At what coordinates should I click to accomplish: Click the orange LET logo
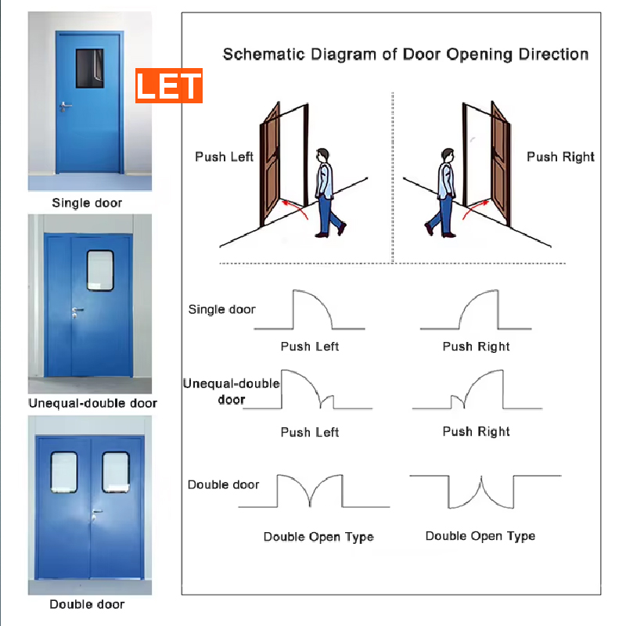click(x=169, y=85)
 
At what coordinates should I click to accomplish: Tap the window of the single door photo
click(x=90, y=68)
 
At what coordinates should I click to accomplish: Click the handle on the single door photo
click(x=65, y=106)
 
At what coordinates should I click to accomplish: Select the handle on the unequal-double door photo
click(x=77, y=312)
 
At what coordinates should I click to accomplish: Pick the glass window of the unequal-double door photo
click(x=100, y=270)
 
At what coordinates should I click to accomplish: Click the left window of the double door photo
click(x=64, y=473)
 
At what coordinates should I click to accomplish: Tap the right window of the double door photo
click(x=116, y=473)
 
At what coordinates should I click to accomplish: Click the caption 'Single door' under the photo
click(x=87, y=203)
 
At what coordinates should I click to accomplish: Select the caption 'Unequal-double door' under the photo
click(x=92, y=403)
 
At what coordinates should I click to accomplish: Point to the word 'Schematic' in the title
click(x=264, y=54)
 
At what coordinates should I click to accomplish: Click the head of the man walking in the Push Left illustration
click(x=322, y=154)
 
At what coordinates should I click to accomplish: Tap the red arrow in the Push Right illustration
click(x=475, y=209)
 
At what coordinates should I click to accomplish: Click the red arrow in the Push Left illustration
click(x=296, y=209)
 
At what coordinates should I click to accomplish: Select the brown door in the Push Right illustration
click(x=501, y=164)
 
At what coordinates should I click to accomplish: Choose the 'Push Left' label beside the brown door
click(x=224, y=157)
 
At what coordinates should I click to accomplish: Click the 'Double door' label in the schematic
click(x=223, y=484)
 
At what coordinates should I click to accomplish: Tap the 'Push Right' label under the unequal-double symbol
click(x=476, y=432)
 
